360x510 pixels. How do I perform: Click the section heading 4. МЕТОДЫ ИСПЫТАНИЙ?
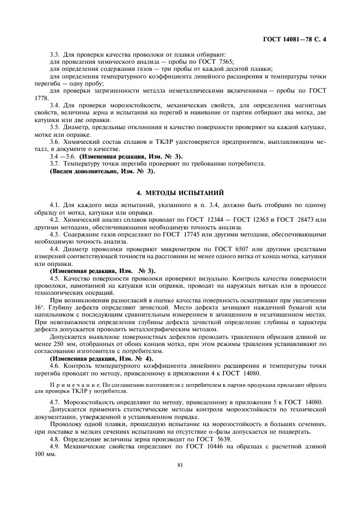pyautogui.click(x=180, y=192)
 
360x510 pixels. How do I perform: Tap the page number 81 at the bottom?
pyautogui.click(x=180, y=465)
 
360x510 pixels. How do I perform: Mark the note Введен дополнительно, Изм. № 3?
pyautogui.click(x=102, y=171)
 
